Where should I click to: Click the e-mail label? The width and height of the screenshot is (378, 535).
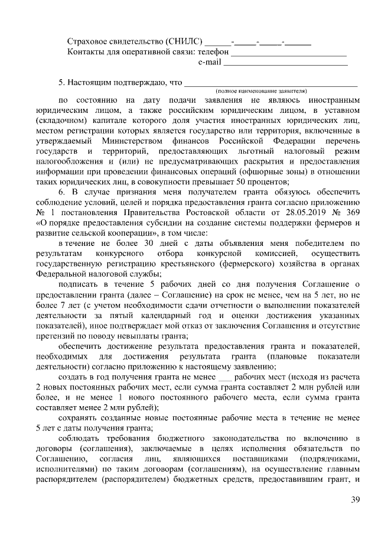click(209, 62)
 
